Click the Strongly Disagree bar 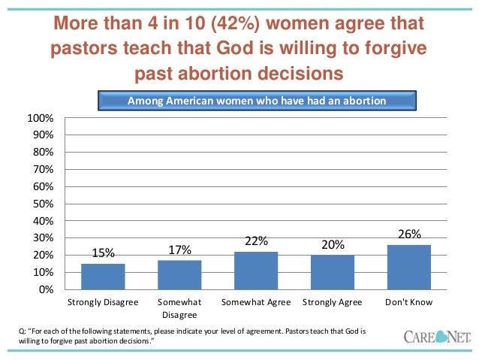pyautogui.click(x=103, y=277)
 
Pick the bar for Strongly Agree pyautogui.click(x=333, y=272)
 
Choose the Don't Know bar pyautogui.click(x=409, y=267)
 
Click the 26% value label pyautogui.click(x=409, y=234)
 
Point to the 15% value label pyautogui.click(x=103, y=253)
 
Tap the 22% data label pyautogui.click(x=256, y=241)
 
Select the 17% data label pyautogui.click(x=179, y=250)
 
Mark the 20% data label pyautogui.click(x=333, y=245)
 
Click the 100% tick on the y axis pyautogui.click(x=41, y=119)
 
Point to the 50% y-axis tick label pyautogui.click(x=43, y=204)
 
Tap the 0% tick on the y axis pyautogui.click(x=46, y=289)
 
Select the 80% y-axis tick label pyautogui.click(x=43, y=153)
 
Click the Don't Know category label pyautogui.click(x=409, y=303)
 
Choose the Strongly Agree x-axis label pyautogui.click(x=333, y=303)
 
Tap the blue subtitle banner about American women pyautogui.click(x=257, y=101)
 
